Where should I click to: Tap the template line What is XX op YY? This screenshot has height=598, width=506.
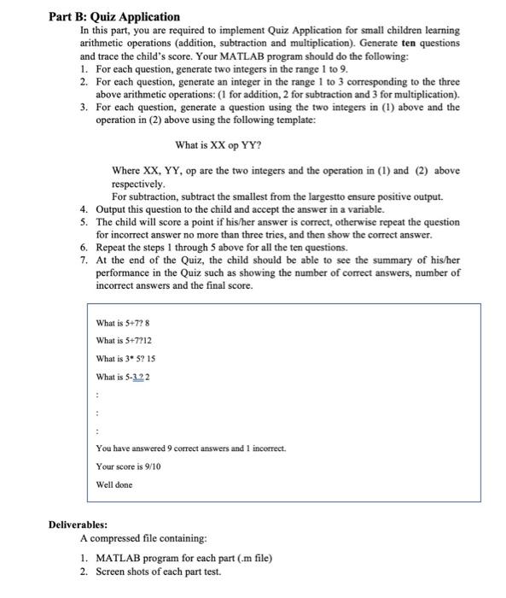[x=218, y=144]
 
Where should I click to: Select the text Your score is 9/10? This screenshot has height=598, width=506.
[x=131, y=466]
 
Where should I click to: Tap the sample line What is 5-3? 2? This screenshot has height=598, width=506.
[x=125, y=376]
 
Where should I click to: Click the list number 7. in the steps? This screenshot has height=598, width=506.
[x=84, y=260]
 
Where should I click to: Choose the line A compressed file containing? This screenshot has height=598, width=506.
[x=143, y=539]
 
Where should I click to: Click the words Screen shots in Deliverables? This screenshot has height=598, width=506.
[x=125, y=571]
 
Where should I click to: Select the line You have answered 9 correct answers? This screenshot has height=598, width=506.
[x=191, y=448]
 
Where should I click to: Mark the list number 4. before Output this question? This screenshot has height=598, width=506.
[x=84, y=209]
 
